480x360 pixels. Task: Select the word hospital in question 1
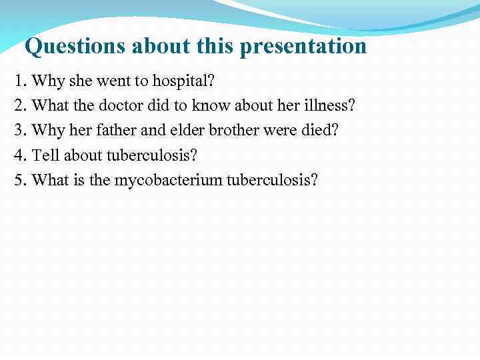tap(185, 81)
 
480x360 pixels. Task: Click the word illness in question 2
tap(331, 105)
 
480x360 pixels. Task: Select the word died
tap(319, 130)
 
